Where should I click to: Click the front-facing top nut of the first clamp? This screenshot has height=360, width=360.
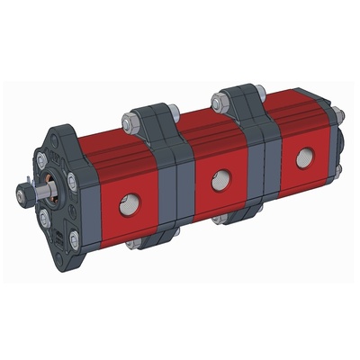(129, 120)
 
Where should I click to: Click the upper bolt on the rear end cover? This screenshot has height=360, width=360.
(335, 113)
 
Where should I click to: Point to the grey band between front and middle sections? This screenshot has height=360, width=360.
(173, 184)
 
